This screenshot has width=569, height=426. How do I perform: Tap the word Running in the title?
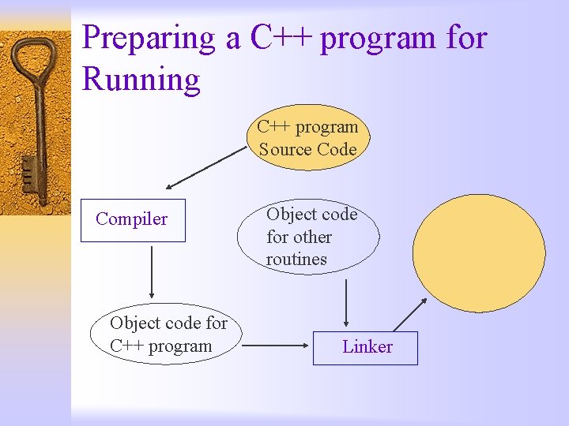coord(141,80)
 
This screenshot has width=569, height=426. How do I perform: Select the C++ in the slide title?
coord(281,38)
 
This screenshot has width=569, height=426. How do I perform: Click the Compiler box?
coord(133,219)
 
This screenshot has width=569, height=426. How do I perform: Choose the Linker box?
coord(365,347)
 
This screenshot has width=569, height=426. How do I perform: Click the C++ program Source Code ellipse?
coord(307,138)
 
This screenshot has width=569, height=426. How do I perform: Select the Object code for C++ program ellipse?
coord(166,334)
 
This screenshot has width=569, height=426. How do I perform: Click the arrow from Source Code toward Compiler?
coord(207,167)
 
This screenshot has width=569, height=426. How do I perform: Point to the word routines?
coord(296,260)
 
